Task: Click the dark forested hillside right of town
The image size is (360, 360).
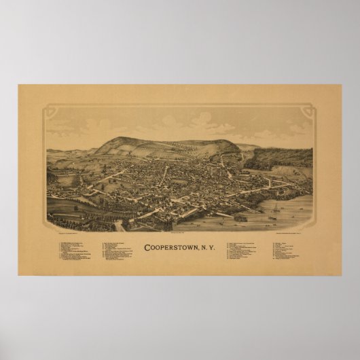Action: [x=282, y=159]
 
